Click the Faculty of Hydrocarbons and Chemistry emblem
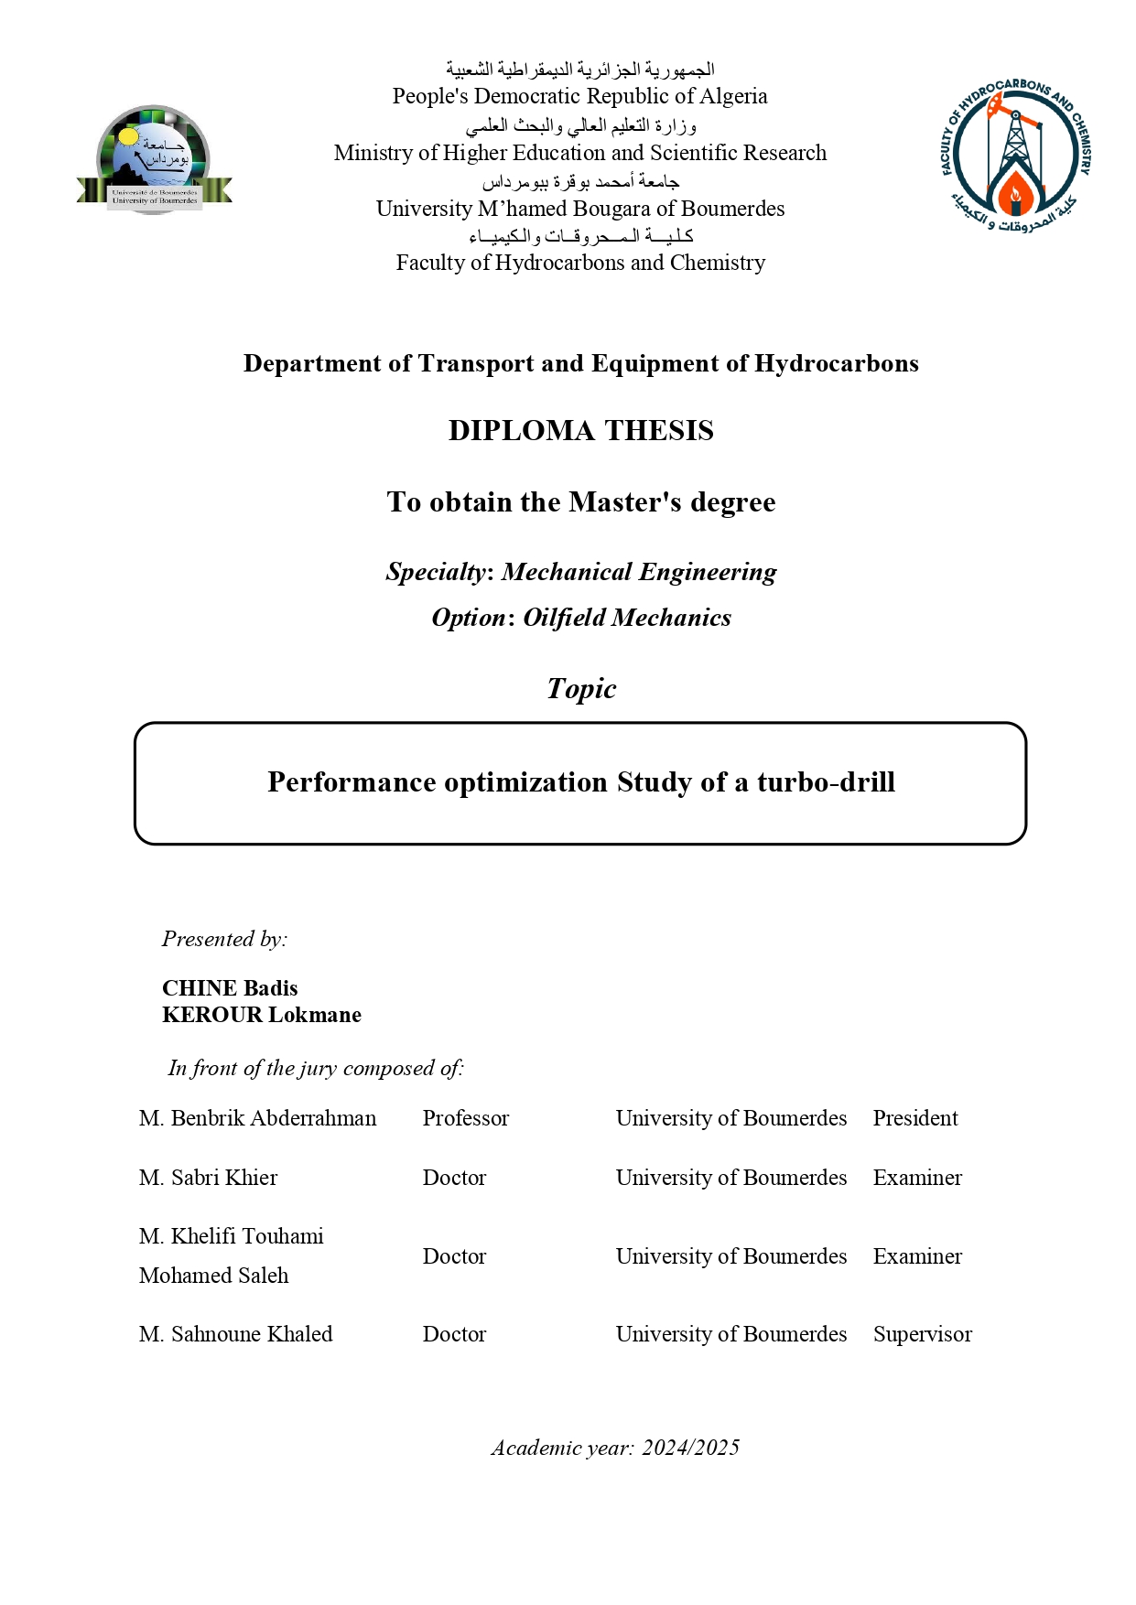point(1015,156)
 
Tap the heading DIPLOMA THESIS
point(580,430)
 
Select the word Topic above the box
point(581,688)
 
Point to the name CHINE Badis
point(230,988)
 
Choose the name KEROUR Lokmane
point(262,1015)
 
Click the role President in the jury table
point(915,1118)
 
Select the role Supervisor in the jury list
point(922,1334)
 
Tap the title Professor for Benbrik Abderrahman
point(465,1118)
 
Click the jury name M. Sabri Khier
point(208,1178)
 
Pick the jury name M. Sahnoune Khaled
point(235,1334)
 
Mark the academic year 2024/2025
point(690,1448)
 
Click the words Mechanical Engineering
point(639,572)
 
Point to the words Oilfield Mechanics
point(627,618)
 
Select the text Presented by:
point(224,939)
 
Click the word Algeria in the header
point(733,96)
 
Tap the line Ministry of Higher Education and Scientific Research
point(579,153)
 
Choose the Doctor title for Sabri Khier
point(454,1178)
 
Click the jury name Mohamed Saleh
point(213,1276)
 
